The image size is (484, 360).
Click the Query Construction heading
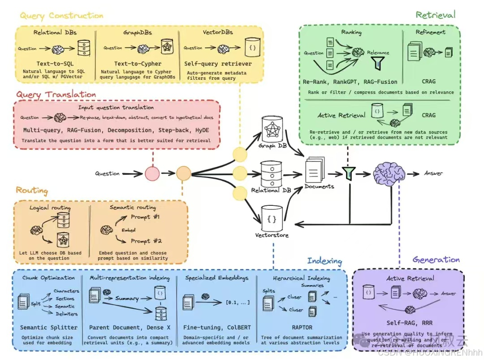[61, 16]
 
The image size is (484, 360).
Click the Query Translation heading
[56, 95]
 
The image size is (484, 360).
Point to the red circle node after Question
[152, 173]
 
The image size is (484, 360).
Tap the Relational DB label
[271, 190]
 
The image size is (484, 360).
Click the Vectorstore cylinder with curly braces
[272, 218]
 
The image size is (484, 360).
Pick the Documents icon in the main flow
[316, 170]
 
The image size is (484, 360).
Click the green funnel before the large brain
[348, 173]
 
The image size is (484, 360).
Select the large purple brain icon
[389, 173]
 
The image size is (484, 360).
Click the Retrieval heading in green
[435, 15]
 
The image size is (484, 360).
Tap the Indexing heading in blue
[324, 261]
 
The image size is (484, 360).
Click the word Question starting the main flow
[107, 173]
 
